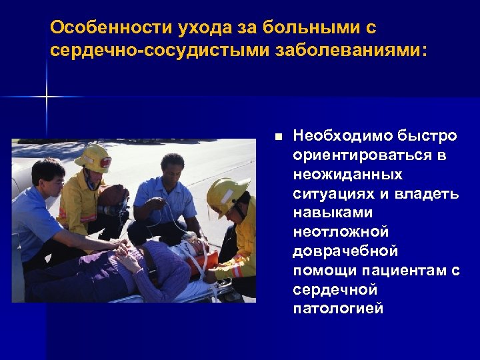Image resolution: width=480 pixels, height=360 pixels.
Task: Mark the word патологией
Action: click(338, 309)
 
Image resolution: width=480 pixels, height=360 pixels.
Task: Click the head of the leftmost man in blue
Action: click(49, 175)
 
